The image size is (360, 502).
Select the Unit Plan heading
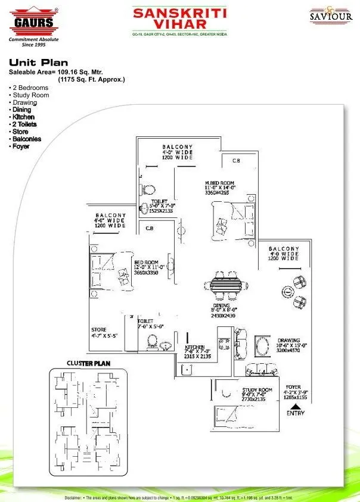click(38, 62)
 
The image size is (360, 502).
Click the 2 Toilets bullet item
click(24, 124)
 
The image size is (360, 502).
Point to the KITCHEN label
click(194, 347)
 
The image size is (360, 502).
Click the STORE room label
click(98, 329)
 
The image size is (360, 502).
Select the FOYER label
click(293, 386)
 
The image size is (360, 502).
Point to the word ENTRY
click(295, 413)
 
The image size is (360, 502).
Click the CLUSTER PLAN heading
click(88, 363)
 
